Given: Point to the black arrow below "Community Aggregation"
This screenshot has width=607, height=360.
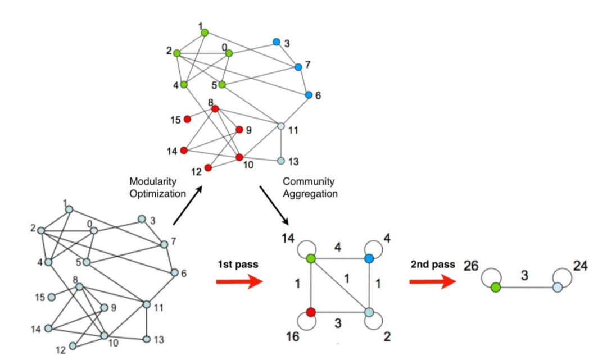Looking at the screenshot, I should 274,204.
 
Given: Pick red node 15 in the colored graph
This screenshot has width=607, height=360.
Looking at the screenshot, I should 188,119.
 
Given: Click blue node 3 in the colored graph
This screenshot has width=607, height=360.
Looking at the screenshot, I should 276,42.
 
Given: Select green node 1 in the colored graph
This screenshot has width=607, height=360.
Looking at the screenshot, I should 205,33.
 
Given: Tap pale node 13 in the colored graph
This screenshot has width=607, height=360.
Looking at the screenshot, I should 281,161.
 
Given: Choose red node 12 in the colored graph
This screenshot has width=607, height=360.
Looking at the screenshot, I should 208,167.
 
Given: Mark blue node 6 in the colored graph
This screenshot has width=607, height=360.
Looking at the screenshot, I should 309,95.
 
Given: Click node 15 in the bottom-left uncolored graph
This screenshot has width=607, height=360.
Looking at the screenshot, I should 52,297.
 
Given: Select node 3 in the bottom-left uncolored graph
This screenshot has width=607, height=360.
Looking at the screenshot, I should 142,219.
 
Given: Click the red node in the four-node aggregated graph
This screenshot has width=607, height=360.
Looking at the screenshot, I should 312,312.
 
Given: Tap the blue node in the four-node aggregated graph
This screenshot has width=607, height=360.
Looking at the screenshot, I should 369,259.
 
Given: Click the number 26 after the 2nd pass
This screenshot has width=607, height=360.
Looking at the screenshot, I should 470,266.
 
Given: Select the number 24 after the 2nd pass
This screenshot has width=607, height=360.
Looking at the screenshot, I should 580,266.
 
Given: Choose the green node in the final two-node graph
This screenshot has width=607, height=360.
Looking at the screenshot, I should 495,288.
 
